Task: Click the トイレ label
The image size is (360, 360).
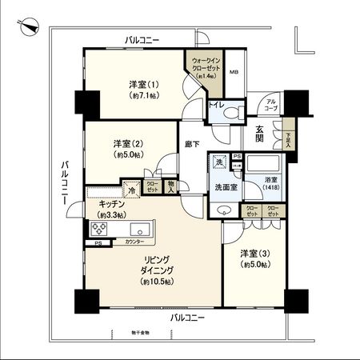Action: coord(214,105)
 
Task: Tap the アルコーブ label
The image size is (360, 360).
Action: coord(272,105)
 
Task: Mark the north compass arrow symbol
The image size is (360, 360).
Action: coord(30,26)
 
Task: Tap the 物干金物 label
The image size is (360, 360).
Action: coord(120,331)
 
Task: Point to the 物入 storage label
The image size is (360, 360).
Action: coord(170,185)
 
